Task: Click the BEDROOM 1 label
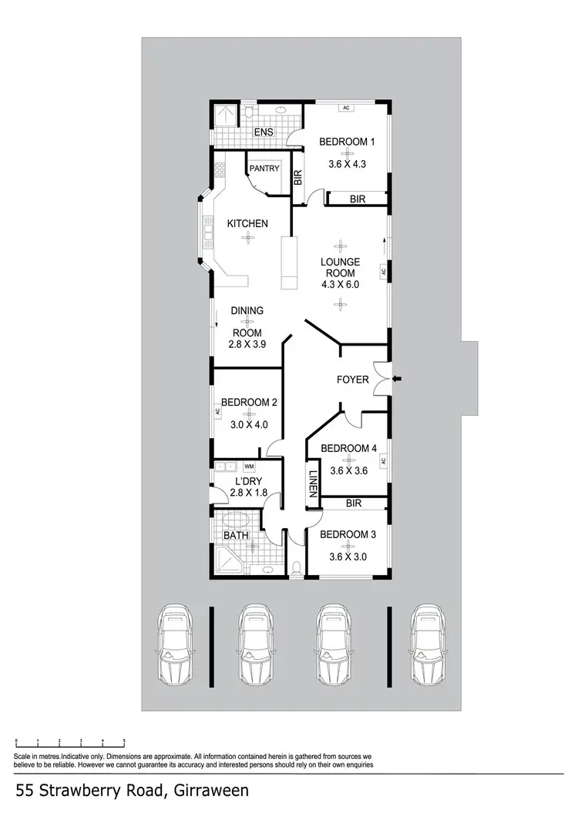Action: tap(347, 142)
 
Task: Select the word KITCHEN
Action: tap(247, 223)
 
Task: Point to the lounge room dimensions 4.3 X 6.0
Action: tap(340, 284)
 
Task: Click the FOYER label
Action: tap(352, 380)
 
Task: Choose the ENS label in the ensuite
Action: tap(264, 132)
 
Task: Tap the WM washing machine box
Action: tap(249, 467)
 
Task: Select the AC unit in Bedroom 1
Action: tap(347, 108)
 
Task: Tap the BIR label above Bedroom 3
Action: tap(354, 504)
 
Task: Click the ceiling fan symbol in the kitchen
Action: tap(247, 238)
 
